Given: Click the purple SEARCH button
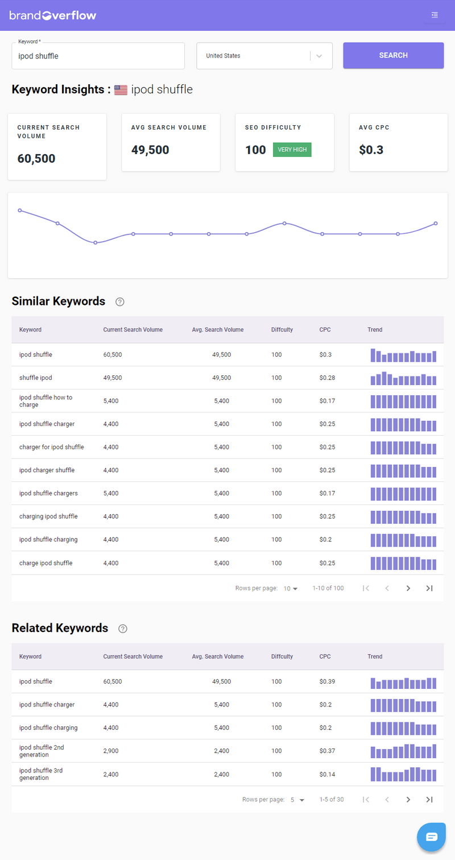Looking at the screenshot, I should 393,55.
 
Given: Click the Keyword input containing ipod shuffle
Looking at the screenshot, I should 98,56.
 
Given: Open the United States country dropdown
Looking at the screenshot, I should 264,56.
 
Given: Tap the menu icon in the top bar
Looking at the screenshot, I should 435,15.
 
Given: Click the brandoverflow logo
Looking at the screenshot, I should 53,15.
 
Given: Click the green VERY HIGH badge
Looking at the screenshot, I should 292,150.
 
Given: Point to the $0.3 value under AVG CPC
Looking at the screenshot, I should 371,150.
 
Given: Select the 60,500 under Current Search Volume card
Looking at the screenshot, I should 36,159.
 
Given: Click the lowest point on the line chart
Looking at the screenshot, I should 95,243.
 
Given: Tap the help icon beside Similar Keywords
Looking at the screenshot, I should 119,301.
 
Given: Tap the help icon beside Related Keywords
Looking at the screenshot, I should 122,629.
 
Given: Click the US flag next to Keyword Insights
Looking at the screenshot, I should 121,90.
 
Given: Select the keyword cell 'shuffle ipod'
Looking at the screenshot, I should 35,378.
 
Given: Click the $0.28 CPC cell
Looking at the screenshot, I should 328,378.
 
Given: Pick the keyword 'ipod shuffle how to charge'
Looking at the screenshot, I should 45,401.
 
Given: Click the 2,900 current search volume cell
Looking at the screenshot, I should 111,751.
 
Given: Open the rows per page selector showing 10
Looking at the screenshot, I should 291,588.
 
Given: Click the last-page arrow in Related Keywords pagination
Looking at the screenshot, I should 429,800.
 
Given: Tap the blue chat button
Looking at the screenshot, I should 432,836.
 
